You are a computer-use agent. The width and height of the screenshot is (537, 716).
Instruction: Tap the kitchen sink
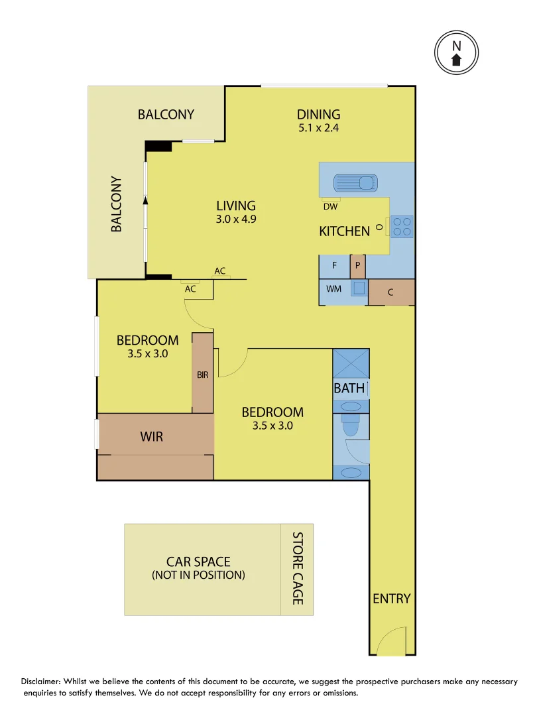tap(355, 182)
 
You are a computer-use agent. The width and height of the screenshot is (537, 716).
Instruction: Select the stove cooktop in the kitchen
tap(402, 226)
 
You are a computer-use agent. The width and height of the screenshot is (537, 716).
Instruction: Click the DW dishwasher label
tap(330, 206)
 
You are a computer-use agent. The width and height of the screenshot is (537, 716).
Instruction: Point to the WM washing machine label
tap(333, 290)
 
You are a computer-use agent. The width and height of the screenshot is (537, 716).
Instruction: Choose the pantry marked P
tap(357, 266)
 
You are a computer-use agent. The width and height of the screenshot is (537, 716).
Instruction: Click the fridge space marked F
tap(335, 266)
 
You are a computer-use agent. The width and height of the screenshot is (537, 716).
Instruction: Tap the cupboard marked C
tap(390, 292)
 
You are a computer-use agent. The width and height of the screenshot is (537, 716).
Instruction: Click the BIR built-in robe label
tap(202, 375)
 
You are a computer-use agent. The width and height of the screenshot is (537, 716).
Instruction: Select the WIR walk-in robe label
tap(151, 437)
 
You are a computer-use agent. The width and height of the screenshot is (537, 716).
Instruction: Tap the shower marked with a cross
tap(350, 363)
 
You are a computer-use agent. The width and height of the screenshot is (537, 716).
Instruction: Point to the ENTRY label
tap(392, 599)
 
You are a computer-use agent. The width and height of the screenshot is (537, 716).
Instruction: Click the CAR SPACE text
tap(198, 562)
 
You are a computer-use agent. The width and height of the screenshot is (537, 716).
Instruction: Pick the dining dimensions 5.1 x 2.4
tap(318, 129)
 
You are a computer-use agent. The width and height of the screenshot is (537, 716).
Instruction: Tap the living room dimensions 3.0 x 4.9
tap(236, 219)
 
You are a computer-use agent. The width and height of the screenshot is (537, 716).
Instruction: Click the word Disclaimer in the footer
tap(41, 682)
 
